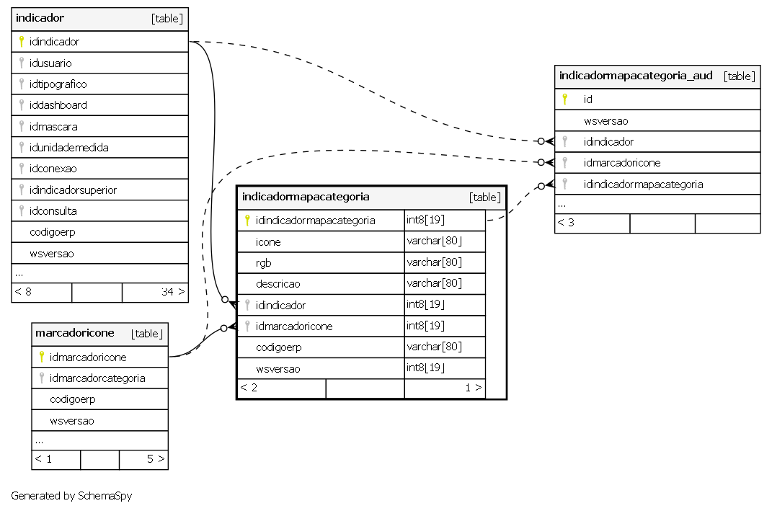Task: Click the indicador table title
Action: click(x=40, y=18)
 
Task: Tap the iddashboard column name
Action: click(x=58, y=105)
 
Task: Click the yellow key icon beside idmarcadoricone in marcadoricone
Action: click(x=42, y=357)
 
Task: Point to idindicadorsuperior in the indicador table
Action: click(x=73, y=190)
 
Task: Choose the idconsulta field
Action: click(x=53, y=211)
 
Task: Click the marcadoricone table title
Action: click(x=75, y=333)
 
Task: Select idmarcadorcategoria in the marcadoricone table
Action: click(x=97, y=378)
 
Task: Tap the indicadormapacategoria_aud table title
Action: click(x=636, y=76)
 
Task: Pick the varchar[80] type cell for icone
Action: click(x=434, y=241)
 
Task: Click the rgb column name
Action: click(x=263, y=263)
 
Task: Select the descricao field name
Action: click(x=278, y=284)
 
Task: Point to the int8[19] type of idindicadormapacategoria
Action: click(x=425, y=220)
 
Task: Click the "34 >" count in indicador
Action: click(x=173, y=292)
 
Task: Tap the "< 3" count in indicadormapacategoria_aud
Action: click(x=566, y=223)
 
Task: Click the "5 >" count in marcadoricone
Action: click(x=156, y=459)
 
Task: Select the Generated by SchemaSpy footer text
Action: click(x=71, y=496)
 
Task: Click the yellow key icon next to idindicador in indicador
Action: click(x=22, y=41)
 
